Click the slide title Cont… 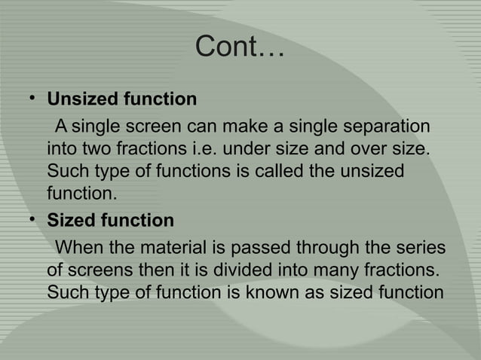(240, 49)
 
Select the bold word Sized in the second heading (70, 221)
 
